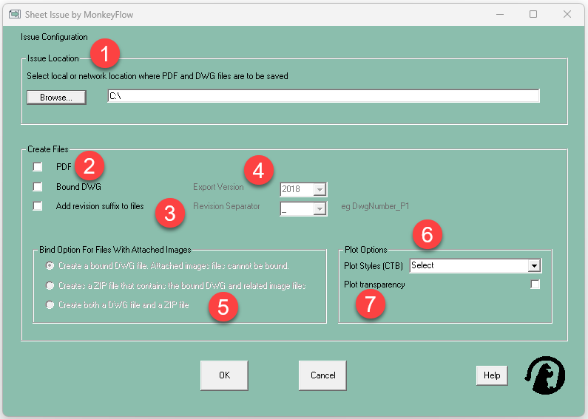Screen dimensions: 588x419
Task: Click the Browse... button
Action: coord(56,98)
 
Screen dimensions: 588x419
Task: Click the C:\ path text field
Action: coord(323,96)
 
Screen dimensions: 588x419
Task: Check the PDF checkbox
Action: coord(38,167)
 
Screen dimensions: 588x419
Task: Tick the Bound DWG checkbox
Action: coord(38,187)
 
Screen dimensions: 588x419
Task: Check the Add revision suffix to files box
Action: coord(38,206)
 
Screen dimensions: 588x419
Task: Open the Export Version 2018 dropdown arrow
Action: coord(320,189)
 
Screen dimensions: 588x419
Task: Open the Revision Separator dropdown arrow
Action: coord(320,208)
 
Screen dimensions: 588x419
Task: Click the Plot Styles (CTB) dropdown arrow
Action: coord(534,266)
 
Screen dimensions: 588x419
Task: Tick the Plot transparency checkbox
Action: coord(535,285)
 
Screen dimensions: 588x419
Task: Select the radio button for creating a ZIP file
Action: coord(50,285)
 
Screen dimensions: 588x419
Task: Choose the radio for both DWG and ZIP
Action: coord(50,304)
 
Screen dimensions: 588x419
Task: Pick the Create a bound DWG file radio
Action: coord(50,266)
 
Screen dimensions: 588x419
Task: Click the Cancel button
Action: coord(322,375)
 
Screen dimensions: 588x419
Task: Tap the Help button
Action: coord(492,375)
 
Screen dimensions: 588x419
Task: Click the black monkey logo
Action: coord(545,375)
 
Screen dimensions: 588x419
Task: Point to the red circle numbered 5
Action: coord(223,307)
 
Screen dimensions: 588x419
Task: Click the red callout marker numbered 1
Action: coord(105,53)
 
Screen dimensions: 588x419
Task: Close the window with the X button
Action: coord(567,14)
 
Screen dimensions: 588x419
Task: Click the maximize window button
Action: coord(533,14)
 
